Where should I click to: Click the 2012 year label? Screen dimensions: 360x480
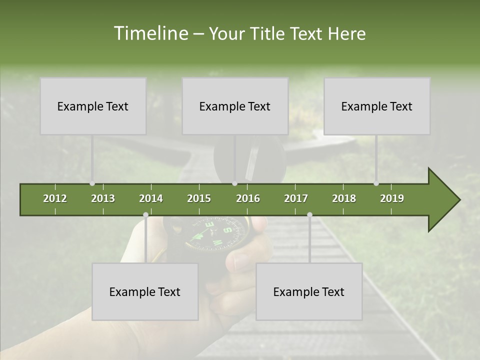55,198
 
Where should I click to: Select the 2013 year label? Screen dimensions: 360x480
103,198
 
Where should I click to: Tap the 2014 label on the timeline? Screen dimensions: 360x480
151,198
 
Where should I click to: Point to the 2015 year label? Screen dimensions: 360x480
199,198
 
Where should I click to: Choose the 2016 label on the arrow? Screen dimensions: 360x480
248,198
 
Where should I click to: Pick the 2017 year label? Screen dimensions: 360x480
296,198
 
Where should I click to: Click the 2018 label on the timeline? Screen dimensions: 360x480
344,198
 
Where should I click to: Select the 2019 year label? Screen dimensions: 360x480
392,198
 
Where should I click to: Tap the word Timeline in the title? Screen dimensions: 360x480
150,33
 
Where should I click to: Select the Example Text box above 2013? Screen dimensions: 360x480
93,106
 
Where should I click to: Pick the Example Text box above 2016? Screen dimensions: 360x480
235,106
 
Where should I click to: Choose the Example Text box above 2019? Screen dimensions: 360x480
377,106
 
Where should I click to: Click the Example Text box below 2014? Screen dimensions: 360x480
145,291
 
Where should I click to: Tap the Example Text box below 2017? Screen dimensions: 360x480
309,291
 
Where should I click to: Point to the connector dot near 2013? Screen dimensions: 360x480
92,183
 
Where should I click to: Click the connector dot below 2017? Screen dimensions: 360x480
309,215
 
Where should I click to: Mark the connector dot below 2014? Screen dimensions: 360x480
145,215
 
